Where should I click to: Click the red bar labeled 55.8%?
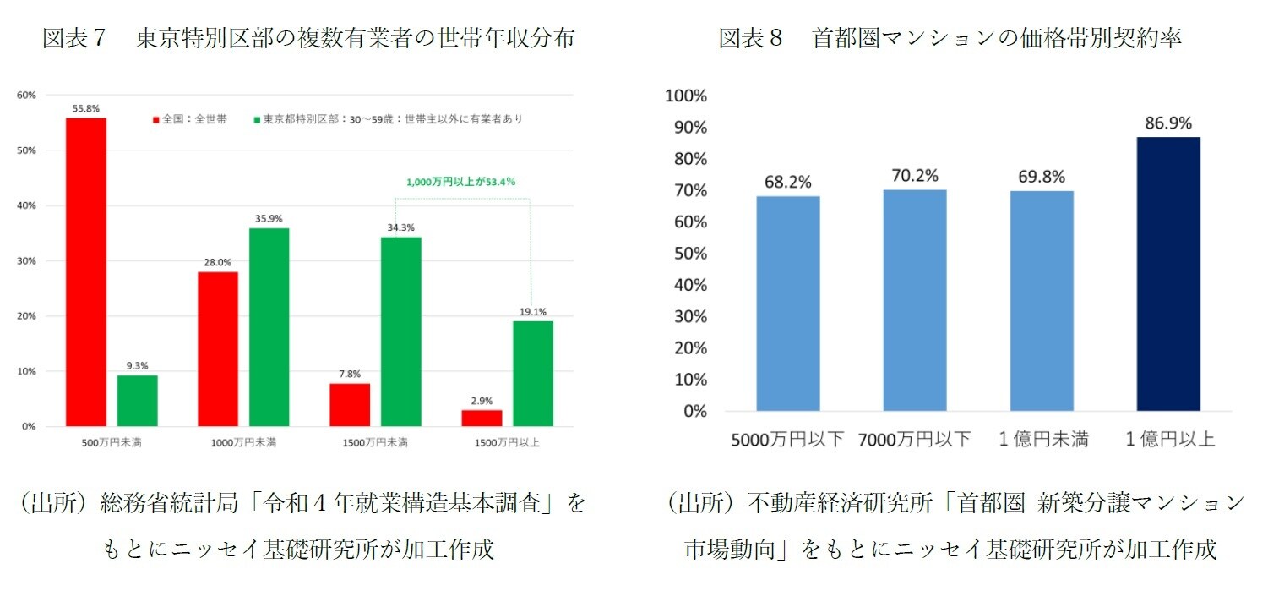coord(85,271)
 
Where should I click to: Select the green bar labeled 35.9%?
coord(269,326)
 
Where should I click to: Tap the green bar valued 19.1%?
coord(533,373)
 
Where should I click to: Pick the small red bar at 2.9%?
coord(481,418)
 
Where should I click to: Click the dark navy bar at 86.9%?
coord(1168,274)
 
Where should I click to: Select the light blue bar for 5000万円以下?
coord(787,304)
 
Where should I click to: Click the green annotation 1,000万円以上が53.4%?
coord(460,181)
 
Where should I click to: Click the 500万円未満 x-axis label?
coord(112,442)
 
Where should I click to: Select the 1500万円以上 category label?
coord(507,442)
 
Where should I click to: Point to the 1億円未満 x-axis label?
coord(1042,439)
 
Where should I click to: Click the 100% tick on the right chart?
coord(686,96)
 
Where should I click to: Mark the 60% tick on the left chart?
coord(26,96)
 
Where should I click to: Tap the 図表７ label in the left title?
coord(73,39)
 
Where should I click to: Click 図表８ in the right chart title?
coord(749,39)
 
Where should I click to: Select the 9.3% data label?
coord(138,365)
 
